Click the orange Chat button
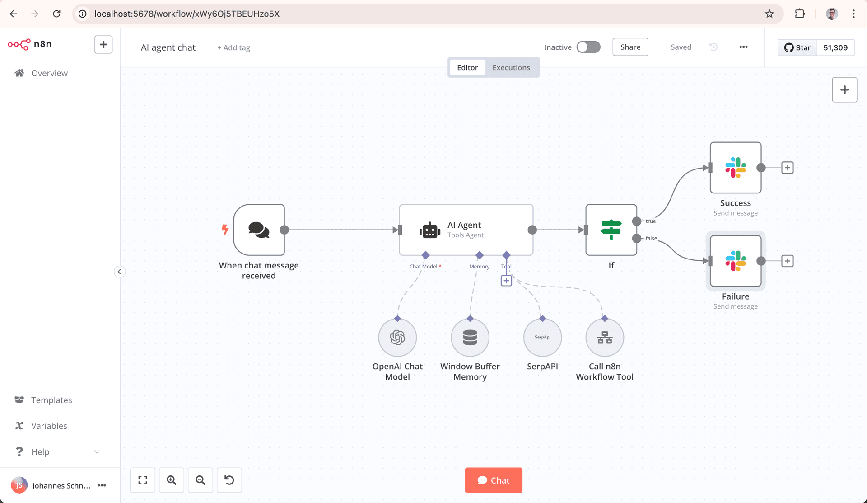pyautogui.click(x=494, y=480)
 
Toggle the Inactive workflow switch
pyautogui.click(x=588, y=47)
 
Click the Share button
pyautogui.click(x=630, y=47)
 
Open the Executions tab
pyautogui.click(x=511, y=67)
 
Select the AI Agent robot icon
pyautogui.click(x=429, y=230)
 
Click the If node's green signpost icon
pyautogui.click(x=611, y=230)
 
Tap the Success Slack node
pyautogui.click(x=735, y=168)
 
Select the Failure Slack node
pyautogui.click(x=735, y=261)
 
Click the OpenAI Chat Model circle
pyautogui.click(x=397, y=338)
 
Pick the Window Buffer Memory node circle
pyautogui.click(x=470, y=338)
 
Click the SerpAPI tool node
pyautogui.click(x=542, y=338)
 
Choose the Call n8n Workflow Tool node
pyautogui.click(x=605, y=338)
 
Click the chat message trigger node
pyautogui.click(x=259, y=230)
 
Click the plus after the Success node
pyautogui.click(x=788, y=168)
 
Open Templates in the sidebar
pyautogui.click(x=51, y=400)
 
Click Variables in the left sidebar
pyautogui.click(x=49, y=426)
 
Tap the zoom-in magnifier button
pyautogui.click(x=172, y=480)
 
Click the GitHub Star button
pyautogui.click(x=797, y=47)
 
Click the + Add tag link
pyautogui.click(x=233, y=47)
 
